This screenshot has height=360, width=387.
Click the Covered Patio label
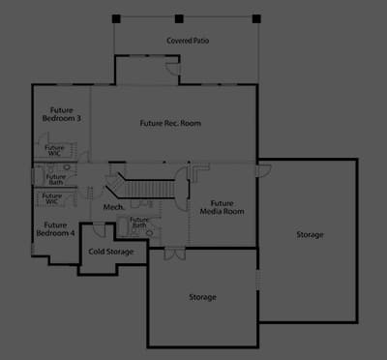[188, 41]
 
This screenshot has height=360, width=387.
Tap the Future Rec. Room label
[170, 123]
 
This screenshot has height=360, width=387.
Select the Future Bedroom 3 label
[61, 114]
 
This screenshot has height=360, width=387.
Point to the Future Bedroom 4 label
[55, 229]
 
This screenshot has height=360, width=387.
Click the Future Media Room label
[222, 207]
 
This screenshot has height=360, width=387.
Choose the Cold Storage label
[111, 252]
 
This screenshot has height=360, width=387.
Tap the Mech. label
[114, 207]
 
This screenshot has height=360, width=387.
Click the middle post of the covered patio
[179, 18]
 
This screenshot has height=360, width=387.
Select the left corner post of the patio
[116, 18]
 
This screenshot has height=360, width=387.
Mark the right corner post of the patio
[256, 18]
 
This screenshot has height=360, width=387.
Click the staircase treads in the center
[149, 189]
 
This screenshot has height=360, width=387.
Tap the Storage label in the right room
[310, 234]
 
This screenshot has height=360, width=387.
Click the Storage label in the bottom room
[202, 297]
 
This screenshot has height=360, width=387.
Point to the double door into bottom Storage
[175, 254]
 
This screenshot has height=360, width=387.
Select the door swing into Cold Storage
[99, 229]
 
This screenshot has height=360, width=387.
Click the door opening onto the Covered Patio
[173, 68]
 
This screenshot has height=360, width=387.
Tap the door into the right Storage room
[263, 170]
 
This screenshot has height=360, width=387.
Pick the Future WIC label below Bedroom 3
[54, 151]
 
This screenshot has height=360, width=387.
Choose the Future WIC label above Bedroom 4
[52, 198]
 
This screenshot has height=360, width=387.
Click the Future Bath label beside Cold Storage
[139, 222]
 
